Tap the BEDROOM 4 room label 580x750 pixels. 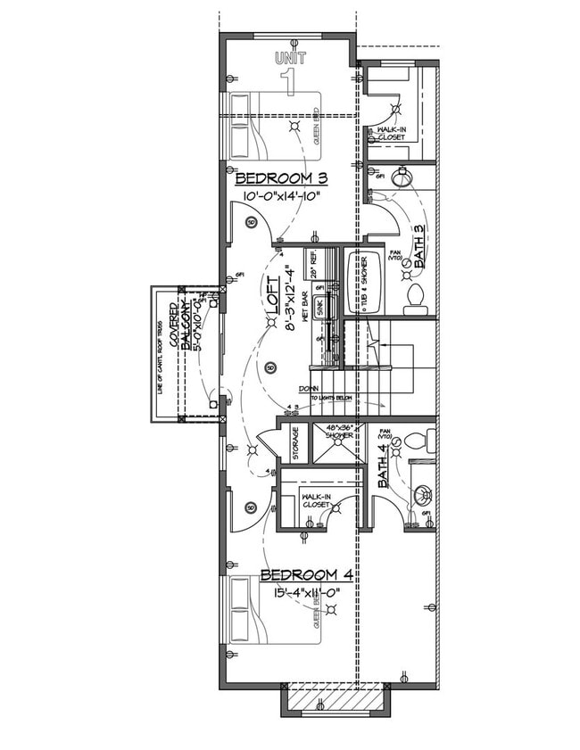pyautogui.click(x=298, y=574)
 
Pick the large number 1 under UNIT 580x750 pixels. pyautogui.click(x=288, y=81)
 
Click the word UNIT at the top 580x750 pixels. pyautogui.click(x=290, y=58)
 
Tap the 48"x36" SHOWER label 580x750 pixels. pyautogui.click(x=339, y=433)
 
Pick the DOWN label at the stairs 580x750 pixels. pyautogui.click(x=310, y=389)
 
